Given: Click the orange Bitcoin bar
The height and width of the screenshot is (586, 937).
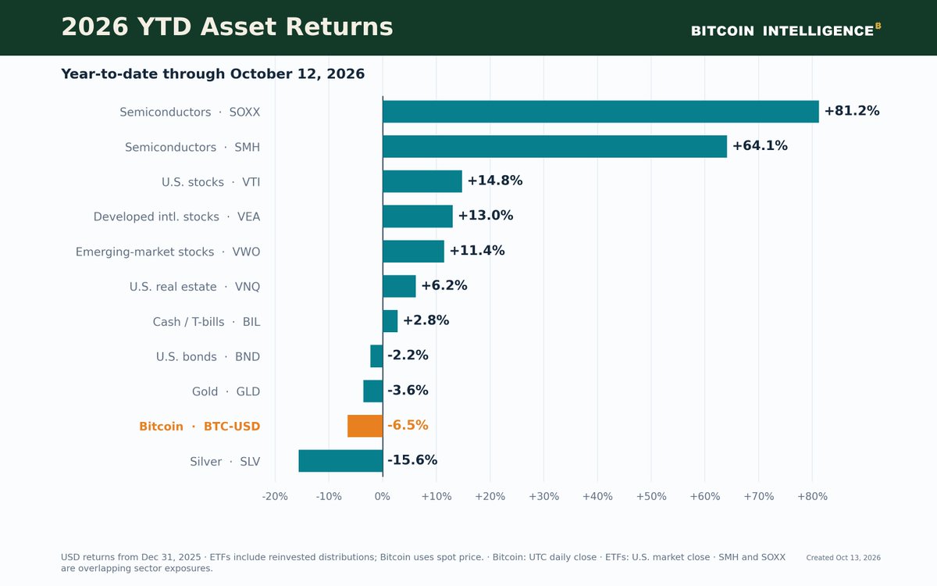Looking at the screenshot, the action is (365, 426).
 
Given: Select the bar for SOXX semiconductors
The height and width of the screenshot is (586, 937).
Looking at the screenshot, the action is (600, 112).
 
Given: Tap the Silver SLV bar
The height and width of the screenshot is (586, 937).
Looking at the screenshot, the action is (340, 461).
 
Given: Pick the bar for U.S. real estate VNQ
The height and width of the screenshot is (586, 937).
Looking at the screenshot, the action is (399, 286).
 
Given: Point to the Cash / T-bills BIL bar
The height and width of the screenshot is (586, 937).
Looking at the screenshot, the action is (390, 321).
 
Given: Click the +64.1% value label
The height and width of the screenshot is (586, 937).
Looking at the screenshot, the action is (760, 145).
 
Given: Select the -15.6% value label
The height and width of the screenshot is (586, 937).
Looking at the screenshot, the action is (412, 460).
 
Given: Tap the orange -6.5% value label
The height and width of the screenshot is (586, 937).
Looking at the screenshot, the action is (408, 425).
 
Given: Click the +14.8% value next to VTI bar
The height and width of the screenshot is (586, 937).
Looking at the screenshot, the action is (495, 180).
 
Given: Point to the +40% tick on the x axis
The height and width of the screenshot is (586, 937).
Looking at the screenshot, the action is (597, 496).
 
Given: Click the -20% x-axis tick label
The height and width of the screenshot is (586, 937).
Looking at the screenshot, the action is (275, 496).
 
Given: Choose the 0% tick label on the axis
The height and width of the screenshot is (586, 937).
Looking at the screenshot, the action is (383, 496).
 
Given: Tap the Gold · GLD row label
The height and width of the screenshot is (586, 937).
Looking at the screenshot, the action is (226, 391).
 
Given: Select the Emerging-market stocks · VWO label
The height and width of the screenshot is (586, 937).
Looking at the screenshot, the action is (168, 252).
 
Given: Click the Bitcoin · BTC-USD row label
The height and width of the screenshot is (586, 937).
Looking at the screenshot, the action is (200, 427).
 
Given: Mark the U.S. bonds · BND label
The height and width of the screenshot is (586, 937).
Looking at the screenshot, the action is (208, 356).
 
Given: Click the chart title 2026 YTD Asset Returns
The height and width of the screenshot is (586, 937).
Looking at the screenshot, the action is (227, 27).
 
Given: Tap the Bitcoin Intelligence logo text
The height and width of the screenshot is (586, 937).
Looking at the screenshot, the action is (786, 30).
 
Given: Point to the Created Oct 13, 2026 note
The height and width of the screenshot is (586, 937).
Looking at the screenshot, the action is (843, 558).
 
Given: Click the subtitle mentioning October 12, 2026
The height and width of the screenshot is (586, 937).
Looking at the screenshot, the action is (213, 74).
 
